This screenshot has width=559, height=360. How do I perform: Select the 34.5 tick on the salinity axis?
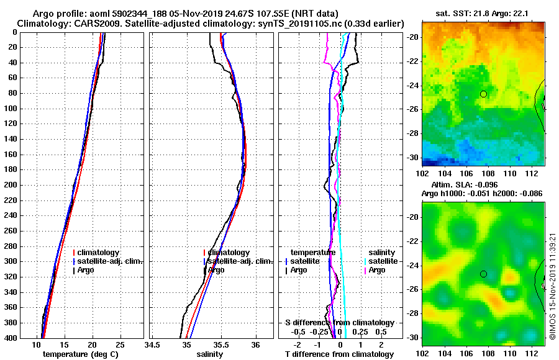pyautogui.click(x=153, y=344)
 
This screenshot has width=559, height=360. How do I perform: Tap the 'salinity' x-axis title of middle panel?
pyautogui.click(x=209, y=354)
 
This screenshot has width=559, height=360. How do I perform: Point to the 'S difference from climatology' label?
pyautogui.click(x=339, y=323)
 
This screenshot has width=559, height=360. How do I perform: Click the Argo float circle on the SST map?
pyautogui.click(x=483, y=94)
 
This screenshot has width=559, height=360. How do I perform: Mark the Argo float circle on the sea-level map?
pyautogui.click(x=483, y=274)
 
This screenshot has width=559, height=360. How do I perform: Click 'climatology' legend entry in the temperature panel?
pyautogui.click(x=99, y=253)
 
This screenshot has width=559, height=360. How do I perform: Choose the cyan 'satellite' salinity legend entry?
pyautogui.click(x=384, y=261)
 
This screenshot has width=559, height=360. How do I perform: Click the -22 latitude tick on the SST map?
pyautogui.click(x=412, y=61)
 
